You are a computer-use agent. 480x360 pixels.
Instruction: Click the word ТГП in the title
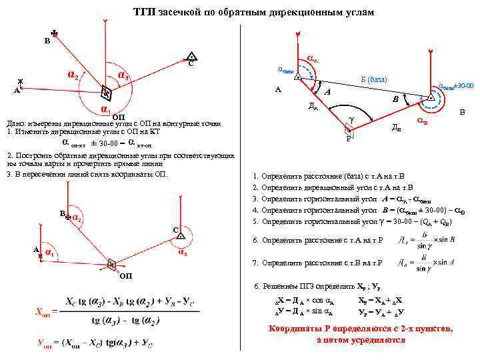coord(144,13)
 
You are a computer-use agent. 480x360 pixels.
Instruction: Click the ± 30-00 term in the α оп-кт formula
coord(106,143)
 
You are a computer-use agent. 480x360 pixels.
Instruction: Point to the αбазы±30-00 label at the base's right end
coord(456,86)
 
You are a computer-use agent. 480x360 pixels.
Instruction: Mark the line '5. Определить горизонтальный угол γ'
coord(347,221)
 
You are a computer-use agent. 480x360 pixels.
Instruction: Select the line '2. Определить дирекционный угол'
coord(333,187)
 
